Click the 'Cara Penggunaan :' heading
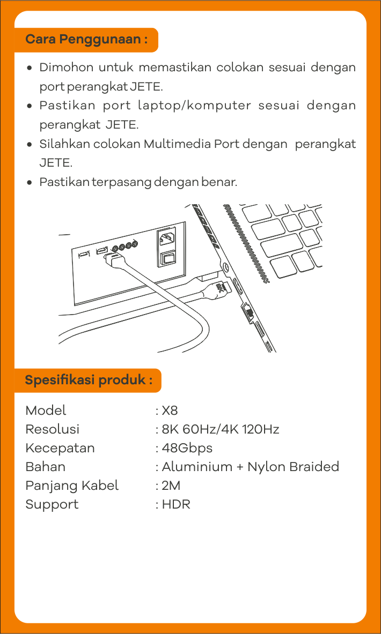86,40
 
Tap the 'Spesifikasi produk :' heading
89,381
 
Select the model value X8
170,411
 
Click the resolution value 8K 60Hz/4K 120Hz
220,430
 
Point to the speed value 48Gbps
187,449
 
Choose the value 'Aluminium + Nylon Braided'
250,467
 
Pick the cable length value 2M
171,486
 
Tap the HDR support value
176,504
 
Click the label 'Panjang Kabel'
72,486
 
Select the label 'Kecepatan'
60,449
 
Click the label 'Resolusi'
53,430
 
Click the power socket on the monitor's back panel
166,239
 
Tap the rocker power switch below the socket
166,259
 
